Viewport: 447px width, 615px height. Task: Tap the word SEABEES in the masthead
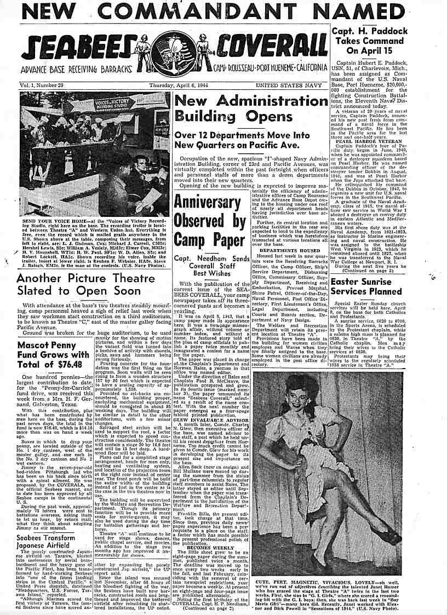point(79,50)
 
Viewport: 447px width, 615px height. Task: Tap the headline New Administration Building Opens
point(251,108)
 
